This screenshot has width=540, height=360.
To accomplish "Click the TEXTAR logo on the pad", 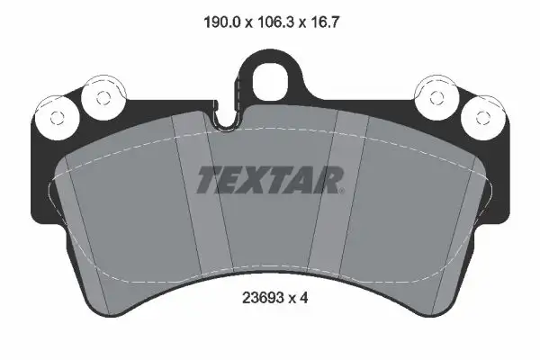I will click(269, 180).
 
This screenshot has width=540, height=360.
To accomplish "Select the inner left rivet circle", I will click(95, 95).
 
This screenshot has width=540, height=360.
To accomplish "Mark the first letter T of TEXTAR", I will click(207, 180).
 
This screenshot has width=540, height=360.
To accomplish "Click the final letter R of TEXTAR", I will click(330, 180).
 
